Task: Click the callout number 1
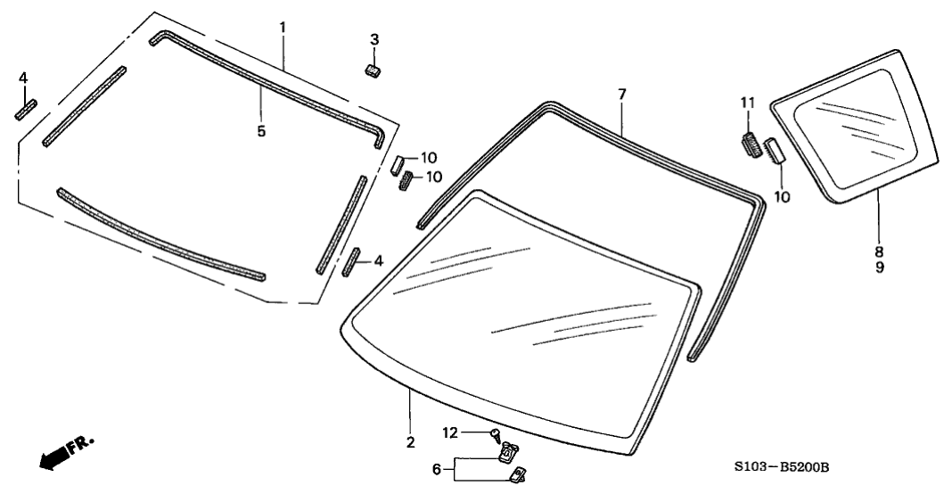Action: pyautogui.click(x=283, y=28)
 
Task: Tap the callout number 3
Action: pyautogui.click(x=374, y=39)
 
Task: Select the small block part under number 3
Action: pyautogui.click(x=373, y=70)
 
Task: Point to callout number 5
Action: pyautogui.click(x=261, y=131)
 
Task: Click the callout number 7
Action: pyautogui.click(x=622, y=95)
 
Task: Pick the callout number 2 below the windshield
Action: pyautogui.click(x=410, y=442)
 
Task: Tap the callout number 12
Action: pyautogui.click(x=450, y=432)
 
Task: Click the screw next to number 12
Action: pyautogui.click(x=496, y=434)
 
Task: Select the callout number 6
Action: pyautogui.click(x=436, y=469)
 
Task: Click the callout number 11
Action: pyautogui.click(x=747, y=102)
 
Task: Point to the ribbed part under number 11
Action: pyautogui.click(x=752, y=144)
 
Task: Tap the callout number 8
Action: pyautogui.click(x=879, y=251)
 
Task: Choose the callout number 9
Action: pyautogui.click(x=879, y=267)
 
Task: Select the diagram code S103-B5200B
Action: pyautogui.click(x=782, y=466)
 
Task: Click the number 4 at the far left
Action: pyautogui.click(x=23, y=78)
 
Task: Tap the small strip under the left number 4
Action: pyautogui.click(x=26, y=110)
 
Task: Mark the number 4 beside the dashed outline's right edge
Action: pyautogui.click(x=378, y=260)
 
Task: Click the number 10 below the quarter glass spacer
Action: pyautogui.click(x=783, y=197)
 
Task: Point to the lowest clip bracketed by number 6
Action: pyautogui.click(x=518, y=474)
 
